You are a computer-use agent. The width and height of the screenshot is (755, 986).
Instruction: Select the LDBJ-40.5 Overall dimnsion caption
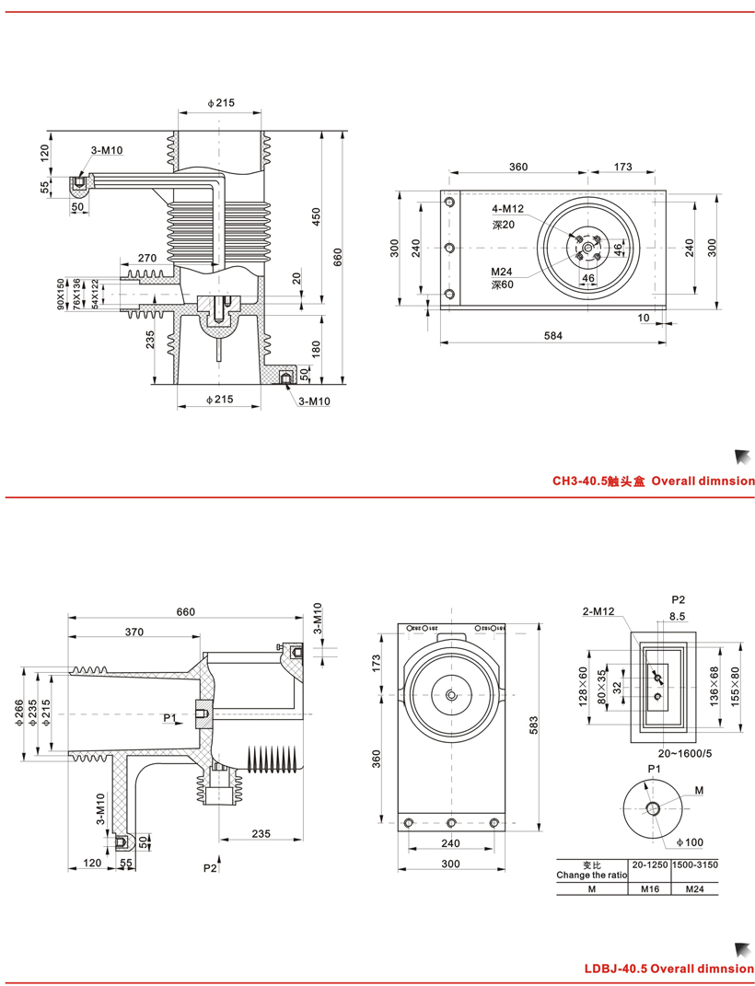coord(668,969)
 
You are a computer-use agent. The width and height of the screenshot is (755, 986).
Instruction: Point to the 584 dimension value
coord(552,335)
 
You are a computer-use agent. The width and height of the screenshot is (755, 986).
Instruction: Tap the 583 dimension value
coord(534,725)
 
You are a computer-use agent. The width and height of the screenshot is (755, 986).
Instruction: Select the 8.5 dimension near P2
coord(678,616)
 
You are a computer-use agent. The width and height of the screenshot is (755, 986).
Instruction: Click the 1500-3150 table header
coord(695,864)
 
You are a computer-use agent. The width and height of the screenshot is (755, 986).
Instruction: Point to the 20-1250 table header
coord(650,864)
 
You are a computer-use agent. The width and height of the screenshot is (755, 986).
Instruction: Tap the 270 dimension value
coord(146,258)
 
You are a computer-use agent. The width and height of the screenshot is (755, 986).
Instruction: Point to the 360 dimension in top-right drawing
coord(518,167)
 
